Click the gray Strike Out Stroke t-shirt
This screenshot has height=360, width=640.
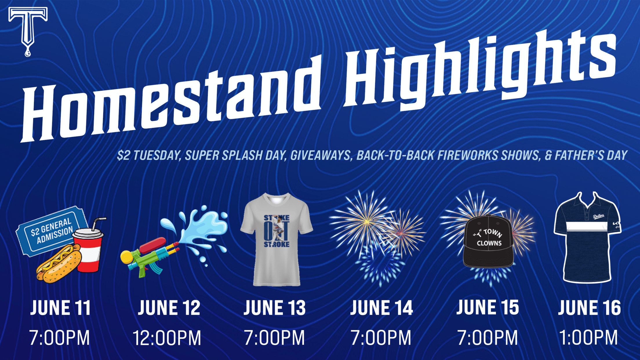pos(277,239)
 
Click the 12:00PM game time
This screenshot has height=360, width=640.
pos(167,338)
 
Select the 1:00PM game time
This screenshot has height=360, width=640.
pos(588,338)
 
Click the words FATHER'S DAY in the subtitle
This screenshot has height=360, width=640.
pos(591,155)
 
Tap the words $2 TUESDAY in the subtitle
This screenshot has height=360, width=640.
pos(149,156)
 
